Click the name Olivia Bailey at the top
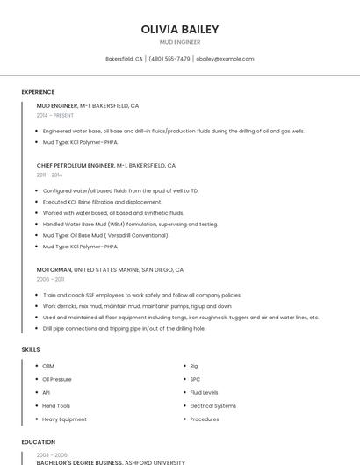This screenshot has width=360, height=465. (179, 29)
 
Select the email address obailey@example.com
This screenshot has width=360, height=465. (225, 59)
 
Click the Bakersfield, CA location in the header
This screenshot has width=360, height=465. (124, 59)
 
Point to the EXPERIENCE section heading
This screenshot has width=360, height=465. (38, 92)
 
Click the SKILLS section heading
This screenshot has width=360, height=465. (31, 350)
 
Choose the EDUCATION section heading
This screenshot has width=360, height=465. (39, 442)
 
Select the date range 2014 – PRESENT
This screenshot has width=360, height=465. (55, 115)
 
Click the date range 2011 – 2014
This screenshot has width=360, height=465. (49, 175)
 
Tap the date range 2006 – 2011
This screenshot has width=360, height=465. (50, 279)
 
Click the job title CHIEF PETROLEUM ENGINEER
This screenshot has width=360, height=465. (76, 165)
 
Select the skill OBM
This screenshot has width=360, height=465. (48, 366)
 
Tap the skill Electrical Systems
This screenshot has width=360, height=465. (212, 406)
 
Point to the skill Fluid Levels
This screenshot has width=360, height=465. (204, 392)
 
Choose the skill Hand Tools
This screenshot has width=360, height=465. (56, 406)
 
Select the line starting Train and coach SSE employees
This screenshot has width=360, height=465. (141, 295)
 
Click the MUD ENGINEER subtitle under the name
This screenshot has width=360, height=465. (179, 42)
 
